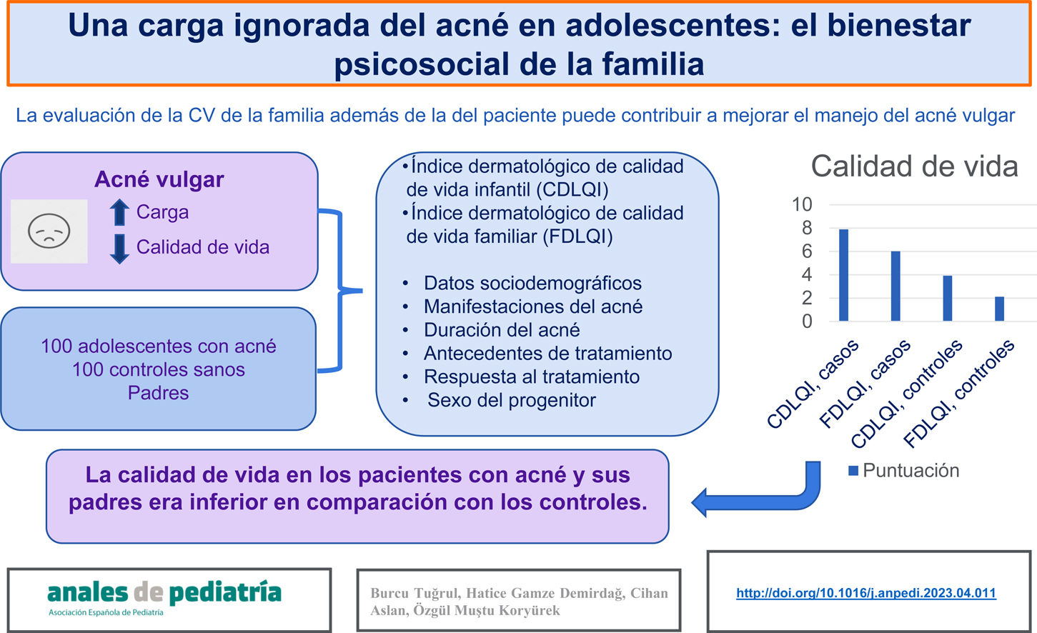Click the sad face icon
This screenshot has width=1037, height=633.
pyautogui.click(x=49, y=231)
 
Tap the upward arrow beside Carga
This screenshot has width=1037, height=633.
pyautogui.click(x=119, y=212)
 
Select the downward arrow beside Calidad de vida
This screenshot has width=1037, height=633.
pyautogui.click(x=119, y=249)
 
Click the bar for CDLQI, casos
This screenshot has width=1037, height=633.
pyautogui.click(x=843, y=275)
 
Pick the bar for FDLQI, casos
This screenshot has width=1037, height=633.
pyautogui.click(x=895, y=286)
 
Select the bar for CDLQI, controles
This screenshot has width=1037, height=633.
pyautogui.click(x=948, y=298)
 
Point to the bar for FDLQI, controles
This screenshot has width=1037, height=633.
pyautogui.click(x=1000, y=309)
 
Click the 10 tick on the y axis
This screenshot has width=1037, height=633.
pyautogui.click(x=802, y=204)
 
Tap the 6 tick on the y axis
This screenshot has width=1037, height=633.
pyautogui.click(x=807, y=251)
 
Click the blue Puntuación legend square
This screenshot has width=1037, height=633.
pyautogui.click(x=853, y=471)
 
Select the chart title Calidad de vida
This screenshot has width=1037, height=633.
pyautogui.click(x=914, y=166)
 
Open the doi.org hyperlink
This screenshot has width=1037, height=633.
pyautogui.click(x=865, y=593)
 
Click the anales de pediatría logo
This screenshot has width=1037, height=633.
pyautogui.click(x=164, y=598)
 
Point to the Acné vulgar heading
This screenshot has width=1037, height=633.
pyautogui.click(x=159, y=179)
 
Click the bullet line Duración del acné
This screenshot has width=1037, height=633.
pyautogui.click(x=502, y=330)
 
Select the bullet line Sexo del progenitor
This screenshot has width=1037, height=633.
pyautogui.click(x=512, y=400)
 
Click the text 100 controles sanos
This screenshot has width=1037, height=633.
pyautogui.click(x=159, y=369)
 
